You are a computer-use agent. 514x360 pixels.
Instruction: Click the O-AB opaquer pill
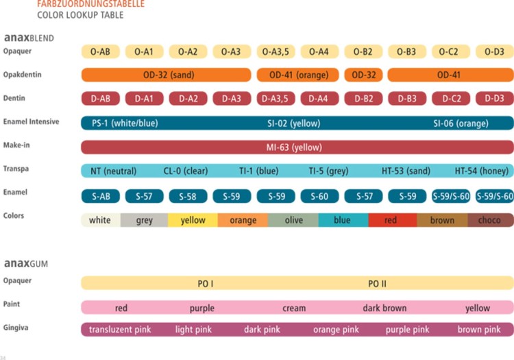pos(100,51)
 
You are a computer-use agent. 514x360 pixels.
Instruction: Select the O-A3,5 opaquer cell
pos(276,51)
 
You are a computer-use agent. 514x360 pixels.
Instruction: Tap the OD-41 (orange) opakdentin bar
pos(298,75)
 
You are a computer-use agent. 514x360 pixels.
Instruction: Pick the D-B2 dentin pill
pos(363,99)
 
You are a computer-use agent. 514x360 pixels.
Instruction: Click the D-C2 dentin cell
pos(451,99)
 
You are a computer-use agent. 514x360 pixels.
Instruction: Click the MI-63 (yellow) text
pos(294,147)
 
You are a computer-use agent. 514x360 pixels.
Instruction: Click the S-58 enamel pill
pos(188,196)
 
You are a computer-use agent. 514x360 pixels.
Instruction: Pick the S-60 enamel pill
pos(319,196)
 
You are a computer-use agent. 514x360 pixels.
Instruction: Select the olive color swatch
pos(293,220)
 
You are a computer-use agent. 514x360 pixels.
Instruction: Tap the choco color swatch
pos(489,220)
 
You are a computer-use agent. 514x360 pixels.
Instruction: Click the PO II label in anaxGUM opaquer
pos(378,283)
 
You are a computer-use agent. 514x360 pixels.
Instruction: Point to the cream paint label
pos(294,308)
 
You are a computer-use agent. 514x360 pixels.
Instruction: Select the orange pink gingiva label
pos(336,329)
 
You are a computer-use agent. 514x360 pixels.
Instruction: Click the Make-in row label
pos(16,145)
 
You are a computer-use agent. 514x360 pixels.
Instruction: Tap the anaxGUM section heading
pos(25,263)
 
